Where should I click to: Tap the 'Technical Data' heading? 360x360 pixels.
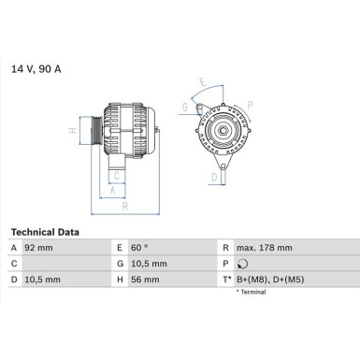[45, 231]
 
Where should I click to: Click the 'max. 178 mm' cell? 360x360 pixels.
[266, 248]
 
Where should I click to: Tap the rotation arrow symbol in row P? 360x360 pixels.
[241, 264]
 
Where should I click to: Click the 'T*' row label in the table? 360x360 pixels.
[226, 280]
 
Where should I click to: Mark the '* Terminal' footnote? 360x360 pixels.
[251, 292]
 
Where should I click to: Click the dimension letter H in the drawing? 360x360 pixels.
[72, 131]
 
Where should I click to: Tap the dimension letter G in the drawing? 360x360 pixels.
[185, 108]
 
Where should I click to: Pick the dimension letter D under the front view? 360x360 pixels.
[214, 176]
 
